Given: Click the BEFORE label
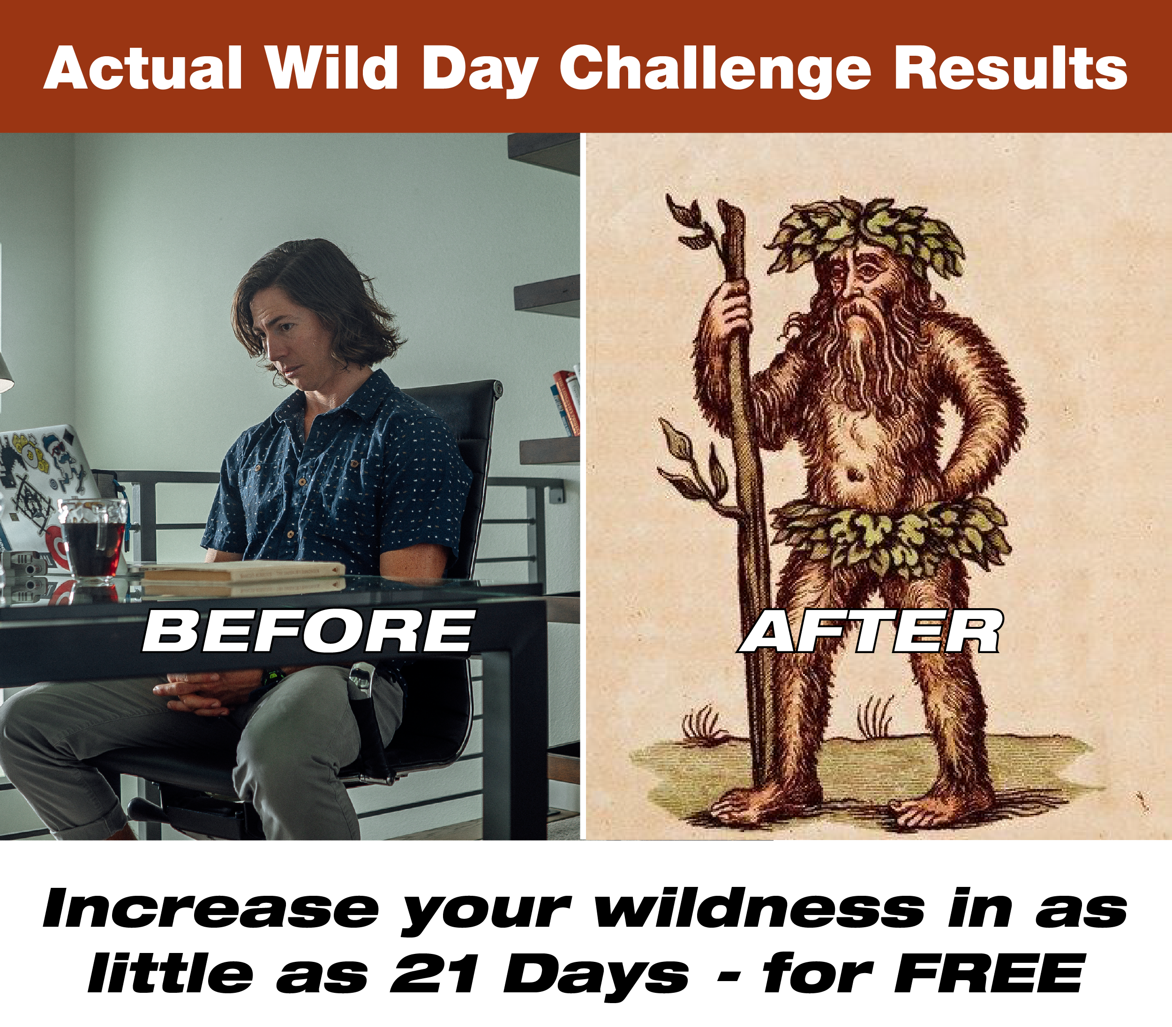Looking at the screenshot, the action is [308, 631].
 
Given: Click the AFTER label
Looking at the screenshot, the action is [869, 631].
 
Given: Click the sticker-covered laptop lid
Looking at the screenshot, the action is [46, 493].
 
